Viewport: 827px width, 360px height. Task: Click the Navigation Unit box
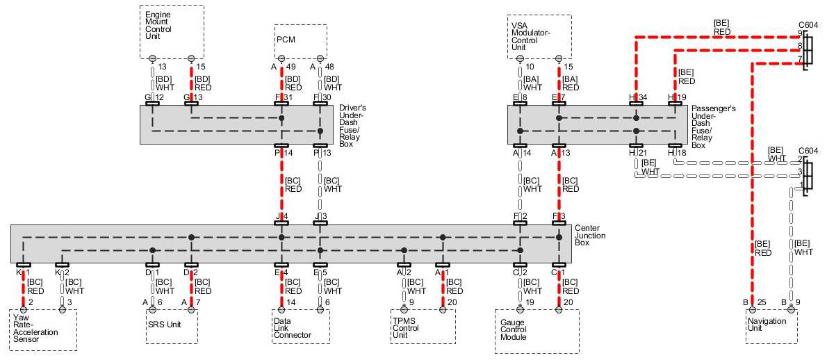771,326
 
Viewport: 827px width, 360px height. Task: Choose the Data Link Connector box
300,326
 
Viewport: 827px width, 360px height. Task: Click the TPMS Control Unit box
423,326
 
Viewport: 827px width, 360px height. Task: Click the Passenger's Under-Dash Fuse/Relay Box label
710,126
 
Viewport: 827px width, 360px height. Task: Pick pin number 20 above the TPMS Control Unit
453,302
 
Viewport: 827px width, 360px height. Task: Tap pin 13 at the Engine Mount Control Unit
162,67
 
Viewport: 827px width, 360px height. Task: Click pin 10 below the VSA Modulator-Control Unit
530,67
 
